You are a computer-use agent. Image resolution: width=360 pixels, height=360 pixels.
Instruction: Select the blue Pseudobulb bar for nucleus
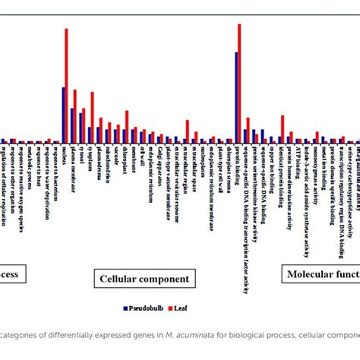pyautogui.click(x=63, y=115)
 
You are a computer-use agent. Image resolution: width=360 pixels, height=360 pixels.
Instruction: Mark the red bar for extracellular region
pyautogui.click(x=187, y=131)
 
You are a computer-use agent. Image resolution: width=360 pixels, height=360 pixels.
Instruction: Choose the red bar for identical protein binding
pyautogui.click(x=283, y=128)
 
